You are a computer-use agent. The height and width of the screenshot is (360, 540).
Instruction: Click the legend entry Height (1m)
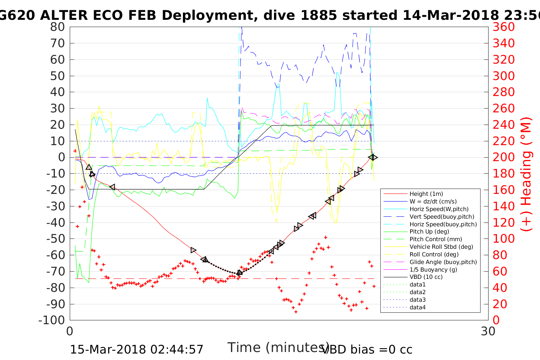tap(426, 194)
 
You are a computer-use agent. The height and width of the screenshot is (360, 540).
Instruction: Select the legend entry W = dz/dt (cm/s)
tap(433, 202)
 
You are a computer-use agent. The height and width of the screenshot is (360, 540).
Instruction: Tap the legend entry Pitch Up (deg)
tap(429, 232)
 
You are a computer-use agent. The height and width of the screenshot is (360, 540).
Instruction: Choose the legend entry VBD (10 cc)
tap(426, 277)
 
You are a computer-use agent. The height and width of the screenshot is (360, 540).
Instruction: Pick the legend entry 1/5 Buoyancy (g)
tap(433, 269)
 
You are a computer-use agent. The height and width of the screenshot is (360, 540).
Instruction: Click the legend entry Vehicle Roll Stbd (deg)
tap(441, 247)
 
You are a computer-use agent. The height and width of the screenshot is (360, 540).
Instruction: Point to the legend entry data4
tap(417, 307)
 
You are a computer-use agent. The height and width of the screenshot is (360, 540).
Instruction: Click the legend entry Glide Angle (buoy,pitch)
tap(443, 262)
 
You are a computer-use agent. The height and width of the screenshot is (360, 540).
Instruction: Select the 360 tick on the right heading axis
tap(503, 27)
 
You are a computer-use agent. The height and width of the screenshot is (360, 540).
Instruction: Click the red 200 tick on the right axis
tap(503, 157)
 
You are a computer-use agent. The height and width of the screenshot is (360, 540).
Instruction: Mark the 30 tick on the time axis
tap(488, 331)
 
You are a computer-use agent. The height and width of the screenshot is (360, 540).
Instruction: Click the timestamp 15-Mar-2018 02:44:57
tap(137, 349)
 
